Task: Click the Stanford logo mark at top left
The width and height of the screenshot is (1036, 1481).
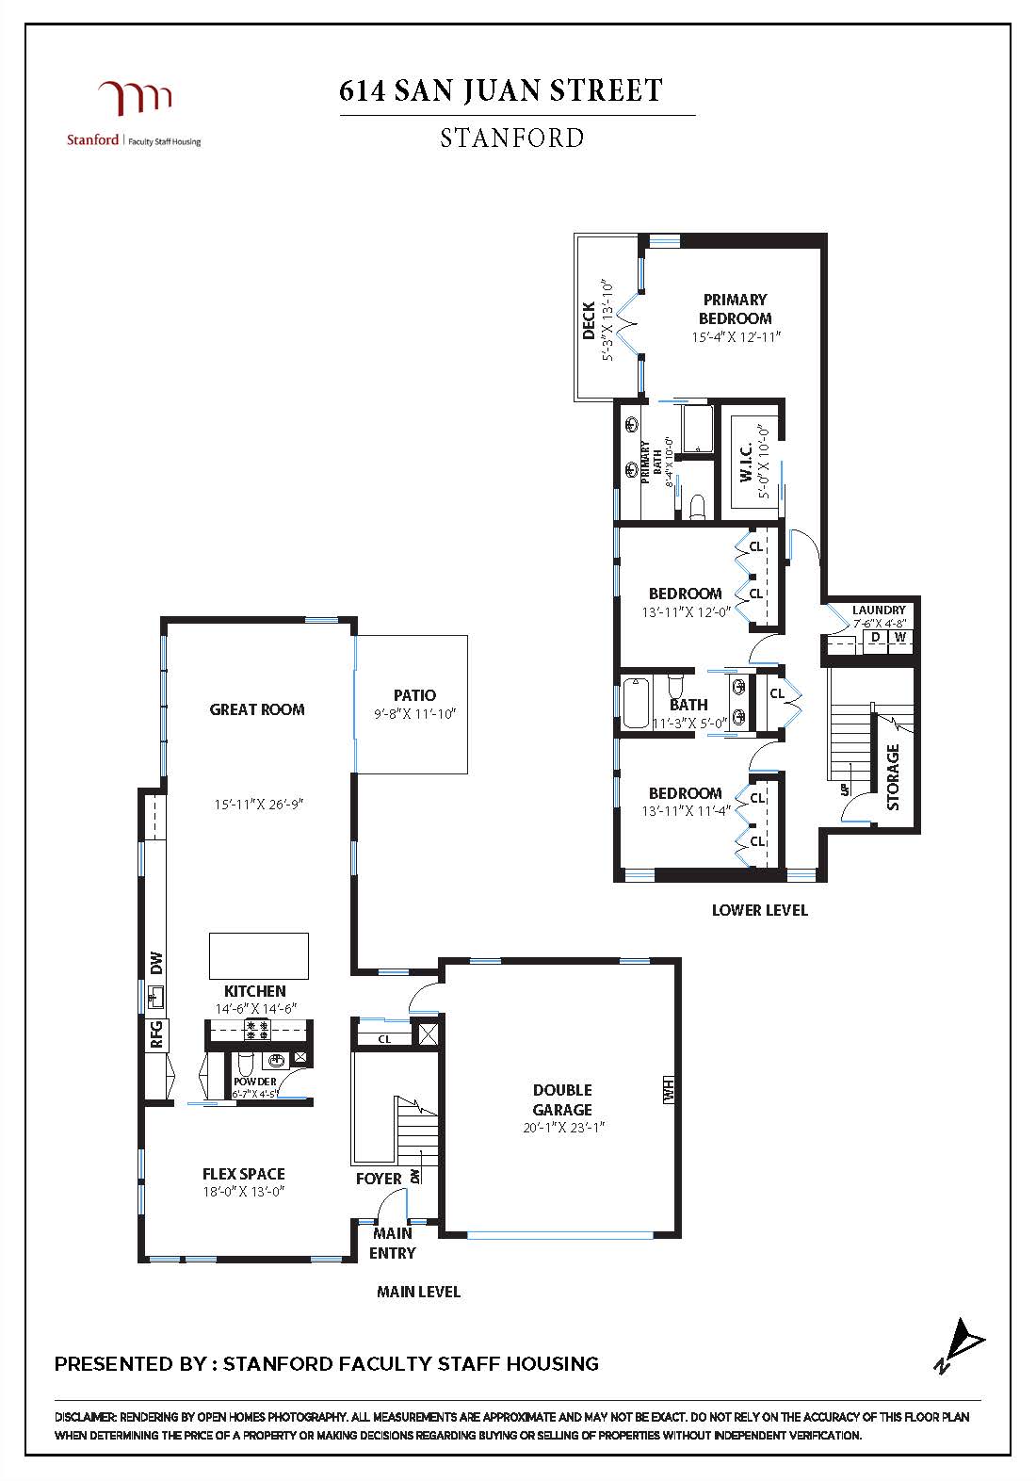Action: [135, 99]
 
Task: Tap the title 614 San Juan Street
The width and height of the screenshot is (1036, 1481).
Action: [501, 90]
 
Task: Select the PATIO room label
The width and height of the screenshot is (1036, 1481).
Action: [414, 695]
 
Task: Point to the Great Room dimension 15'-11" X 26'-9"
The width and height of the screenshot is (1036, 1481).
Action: [257, 804]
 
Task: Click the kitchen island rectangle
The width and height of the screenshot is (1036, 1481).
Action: [258, 955]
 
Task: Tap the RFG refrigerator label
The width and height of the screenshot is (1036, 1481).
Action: [157, 1034]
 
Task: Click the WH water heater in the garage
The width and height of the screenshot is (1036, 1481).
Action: [670, 1090]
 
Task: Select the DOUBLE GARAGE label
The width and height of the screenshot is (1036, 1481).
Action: [562, 1099]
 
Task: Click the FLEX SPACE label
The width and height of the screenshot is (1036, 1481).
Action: [243, 1174]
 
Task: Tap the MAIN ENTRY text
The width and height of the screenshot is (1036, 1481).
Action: [392, 1243]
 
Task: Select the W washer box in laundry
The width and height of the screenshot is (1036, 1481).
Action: [900, 638]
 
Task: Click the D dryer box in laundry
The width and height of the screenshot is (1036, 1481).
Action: [876, 638]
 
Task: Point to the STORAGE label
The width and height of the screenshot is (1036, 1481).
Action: [893, 776]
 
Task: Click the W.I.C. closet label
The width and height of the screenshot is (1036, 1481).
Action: [745, 463]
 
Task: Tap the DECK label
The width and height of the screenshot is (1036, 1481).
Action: [589, 320]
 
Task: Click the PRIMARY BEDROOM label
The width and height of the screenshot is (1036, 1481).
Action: [735, 309]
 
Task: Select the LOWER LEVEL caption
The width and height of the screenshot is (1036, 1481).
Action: [759, 910]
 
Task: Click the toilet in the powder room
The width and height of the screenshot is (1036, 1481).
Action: [245, 1066]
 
